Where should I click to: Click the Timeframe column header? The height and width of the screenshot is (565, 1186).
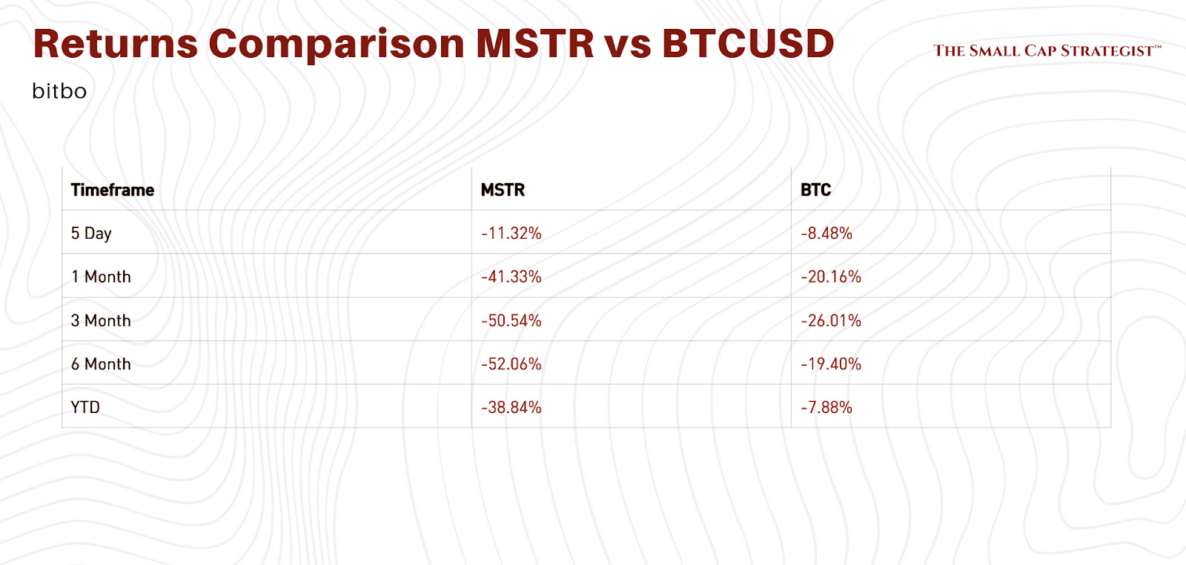click(113, 190)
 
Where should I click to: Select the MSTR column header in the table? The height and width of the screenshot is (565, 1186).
click(503, 190)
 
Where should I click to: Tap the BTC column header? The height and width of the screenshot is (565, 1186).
click(815, 190)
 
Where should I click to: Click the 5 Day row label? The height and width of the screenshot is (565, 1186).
click(91, 234)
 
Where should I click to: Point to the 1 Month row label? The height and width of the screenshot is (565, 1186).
click(101, 277)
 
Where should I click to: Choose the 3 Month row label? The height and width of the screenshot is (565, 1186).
click(101, 320)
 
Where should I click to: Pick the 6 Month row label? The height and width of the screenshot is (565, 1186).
click(101, 364)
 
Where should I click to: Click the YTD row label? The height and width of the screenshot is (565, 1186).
click(85, 407)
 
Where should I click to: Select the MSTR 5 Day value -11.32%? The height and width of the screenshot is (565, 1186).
click(511, 234)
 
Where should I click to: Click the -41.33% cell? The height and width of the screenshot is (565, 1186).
click(511, 277)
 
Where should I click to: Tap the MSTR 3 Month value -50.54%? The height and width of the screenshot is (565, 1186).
click(511, 320)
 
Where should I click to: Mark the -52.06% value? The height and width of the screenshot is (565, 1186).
click(511, 364)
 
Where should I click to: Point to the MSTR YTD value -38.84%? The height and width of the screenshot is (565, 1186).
click(511, 407)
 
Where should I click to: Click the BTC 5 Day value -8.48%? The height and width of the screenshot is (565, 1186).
click(826, 234)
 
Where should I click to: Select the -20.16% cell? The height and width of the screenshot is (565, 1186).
click(831, 277)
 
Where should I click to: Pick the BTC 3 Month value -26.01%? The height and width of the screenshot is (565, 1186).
click(831, 320)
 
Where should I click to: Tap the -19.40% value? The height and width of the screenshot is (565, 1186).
click(831, 364)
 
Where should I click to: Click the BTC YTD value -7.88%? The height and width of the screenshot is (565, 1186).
click(826, 407)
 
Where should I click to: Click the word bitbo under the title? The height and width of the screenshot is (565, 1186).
click(59, 91)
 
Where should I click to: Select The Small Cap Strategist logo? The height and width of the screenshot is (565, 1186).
click(1047, 50)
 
